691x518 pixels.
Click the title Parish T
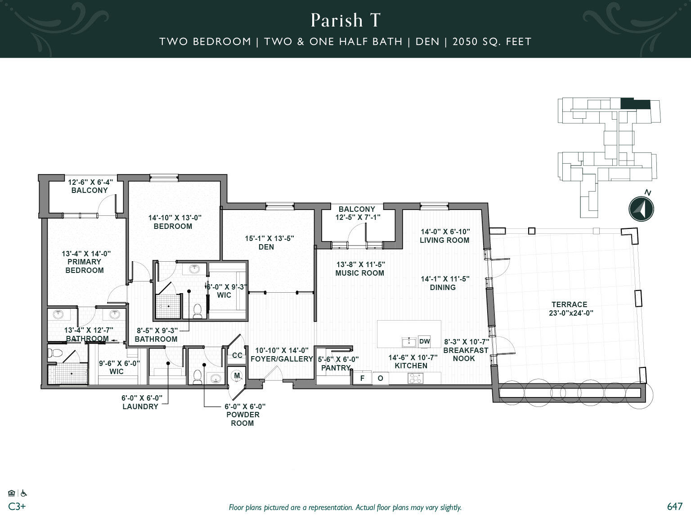pos(345,20)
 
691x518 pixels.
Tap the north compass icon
pos(641,209)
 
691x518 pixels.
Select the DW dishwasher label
pos(424,341)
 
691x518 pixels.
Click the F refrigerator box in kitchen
pos(362,378)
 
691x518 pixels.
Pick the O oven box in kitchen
pos(380,378)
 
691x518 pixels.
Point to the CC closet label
pos(237,355)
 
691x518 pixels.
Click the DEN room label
pos(266,247)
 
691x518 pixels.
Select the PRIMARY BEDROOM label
pos(85,266)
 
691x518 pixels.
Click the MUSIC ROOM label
pos(359,273)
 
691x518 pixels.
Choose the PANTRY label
pos(336,368)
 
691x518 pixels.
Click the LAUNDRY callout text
pos(140,406)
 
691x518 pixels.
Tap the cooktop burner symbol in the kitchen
pos(415,379)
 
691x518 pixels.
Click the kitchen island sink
pos(409,342)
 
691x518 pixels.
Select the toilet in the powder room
pos(197,376)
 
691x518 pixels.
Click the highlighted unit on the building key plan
pos(635,103)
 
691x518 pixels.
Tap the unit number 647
pos(675,506)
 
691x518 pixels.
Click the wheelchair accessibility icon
pos(23,493)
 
